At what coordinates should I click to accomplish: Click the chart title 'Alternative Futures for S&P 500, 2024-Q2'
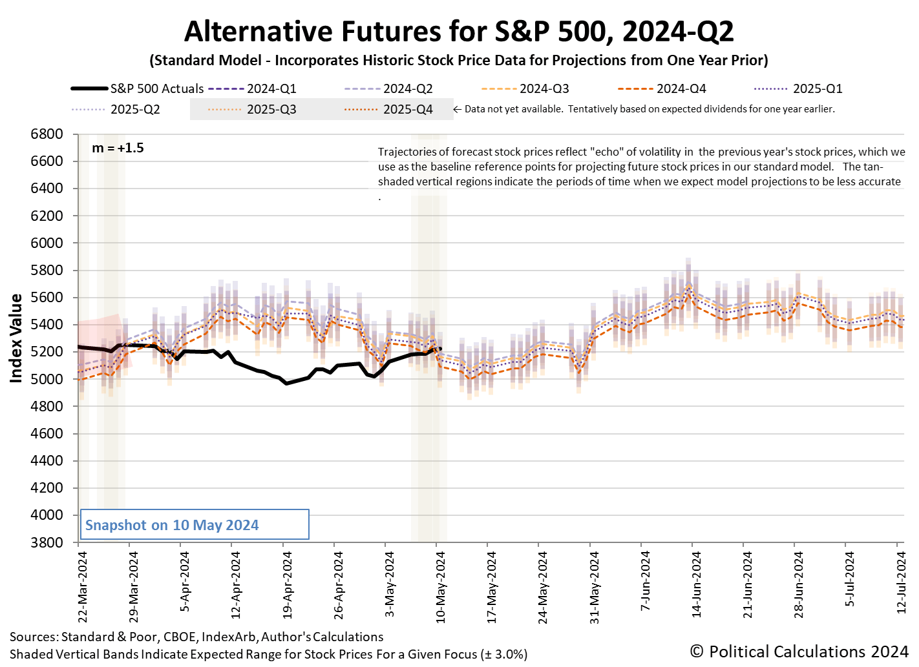[459, 31]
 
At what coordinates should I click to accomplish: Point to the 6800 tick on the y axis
[47, 134]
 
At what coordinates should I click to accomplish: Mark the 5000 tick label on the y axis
[47, 379]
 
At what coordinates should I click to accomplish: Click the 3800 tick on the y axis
[47, 542]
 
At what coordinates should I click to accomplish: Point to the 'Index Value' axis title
[16, 338]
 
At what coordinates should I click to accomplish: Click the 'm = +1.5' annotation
[118, 148]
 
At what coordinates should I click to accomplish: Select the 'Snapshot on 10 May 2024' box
[194, 525]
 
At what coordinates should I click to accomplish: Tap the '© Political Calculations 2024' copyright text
[799, 652]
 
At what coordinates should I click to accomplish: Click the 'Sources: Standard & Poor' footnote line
[196, 637]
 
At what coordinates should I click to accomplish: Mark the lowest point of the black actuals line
[287, 384]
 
